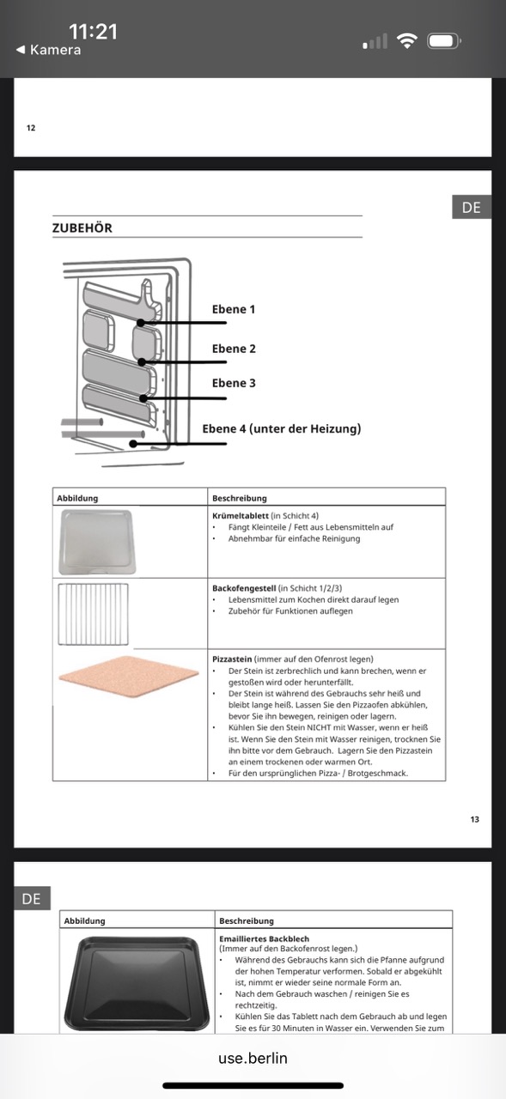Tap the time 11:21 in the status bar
(94, 32)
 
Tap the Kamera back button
(49, 50)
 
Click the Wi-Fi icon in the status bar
(407, 41)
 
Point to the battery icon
(443, 41)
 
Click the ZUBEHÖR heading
(82, 228)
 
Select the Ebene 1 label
(234, 309)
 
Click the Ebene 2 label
(234, 349)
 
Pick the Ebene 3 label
(234, 383)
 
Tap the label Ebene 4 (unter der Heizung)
(282, 428)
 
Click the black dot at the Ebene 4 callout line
(133, 444)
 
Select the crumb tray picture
(97, 542)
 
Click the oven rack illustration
(94, 614)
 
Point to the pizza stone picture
(129, 677)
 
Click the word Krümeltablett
(241, 516)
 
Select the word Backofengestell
(244, 588)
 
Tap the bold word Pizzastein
(232, 659)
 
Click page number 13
(474, 819)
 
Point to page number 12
(31, 128)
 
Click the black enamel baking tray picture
(137, 984)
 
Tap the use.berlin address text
(253, 1058)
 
